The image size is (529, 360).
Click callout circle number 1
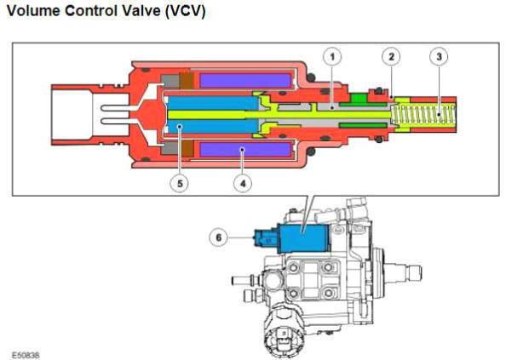pyautogui.click(x=332, y=56)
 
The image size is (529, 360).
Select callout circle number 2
pyautogui.click(x=391, y=56)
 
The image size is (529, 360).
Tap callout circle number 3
pyautogui.click(x=439, y=56)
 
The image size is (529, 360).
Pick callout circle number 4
pyautogui.click(x=243, y=183)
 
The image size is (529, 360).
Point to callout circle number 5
pyautogui.click(x=180, y=183)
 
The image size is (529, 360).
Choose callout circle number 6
pyautogui.click(x=219, y=237)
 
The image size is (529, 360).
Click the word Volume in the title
pyautogui.click(x=33, y=11)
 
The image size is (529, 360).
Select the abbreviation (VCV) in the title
pyautogui.click(x=186, y=11)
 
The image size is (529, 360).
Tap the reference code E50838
pyautogui.click(x=26, y=355)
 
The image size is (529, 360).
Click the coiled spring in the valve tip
pyautogui.click(x=423, y=115)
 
